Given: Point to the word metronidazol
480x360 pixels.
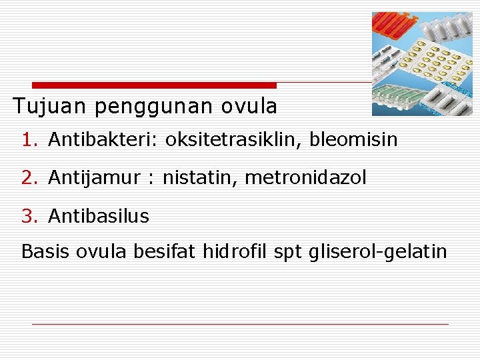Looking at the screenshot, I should coord(306,178).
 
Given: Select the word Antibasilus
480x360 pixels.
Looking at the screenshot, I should coord(99,216).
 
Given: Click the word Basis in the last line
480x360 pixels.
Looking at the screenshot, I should coord(46,251).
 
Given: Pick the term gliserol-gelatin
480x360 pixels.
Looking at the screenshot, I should coord(378,251).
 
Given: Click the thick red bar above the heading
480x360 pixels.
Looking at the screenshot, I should coord(154,85).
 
